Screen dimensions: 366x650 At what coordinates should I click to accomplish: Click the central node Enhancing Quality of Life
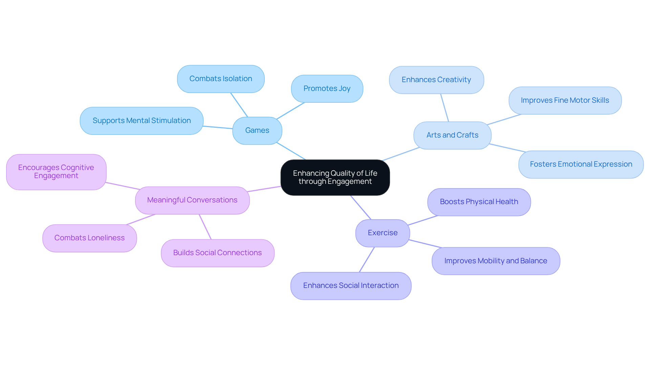pos(335,177)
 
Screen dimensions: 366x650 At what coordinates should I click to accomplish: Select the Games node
pos(257,130)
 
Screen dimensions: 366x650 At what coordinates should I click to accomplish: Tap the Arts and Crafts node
pos(452,135)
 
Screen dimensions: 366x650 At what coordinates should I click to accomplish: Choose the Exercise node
pos(383,233)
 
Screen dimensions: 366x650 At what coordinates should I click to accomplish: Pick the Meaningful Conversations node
pos(192,200)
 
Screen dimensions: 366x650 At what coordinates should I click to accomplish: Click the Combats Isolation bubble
pos(220,79)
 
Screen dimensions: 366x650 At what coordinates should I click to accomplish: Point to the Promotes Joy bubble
pos(327,89)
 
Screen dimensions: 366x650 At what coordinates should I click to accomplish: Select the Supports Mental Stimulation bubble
pos(142,121)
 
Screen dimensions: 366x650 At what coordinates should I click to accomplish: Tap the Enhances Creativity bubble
pos(436,80)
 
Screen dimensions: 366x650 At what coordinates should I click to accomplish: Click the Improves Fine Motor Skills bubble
pos(565,100)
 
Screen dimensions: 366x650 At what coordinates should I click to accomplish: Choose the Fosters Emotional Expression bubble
pos(581,164)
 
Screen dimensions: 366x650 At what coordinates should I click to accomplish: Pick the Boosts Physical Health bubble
pos(479,202)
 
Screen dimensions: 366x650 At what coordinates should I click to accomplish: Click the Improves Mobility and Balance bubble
pos(495,261)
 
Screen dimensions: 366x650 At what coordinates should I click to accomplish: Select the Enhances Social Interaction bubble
pos(351,286)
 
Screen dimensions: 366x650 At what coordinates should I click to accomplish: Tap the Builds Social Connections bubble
pos(217,253)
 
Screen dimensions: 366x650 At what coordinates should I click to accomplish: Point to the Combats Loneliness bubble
pos(89,238)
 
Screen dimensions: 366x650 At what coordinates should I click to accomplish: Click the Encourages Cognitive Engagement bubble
pos(56,172)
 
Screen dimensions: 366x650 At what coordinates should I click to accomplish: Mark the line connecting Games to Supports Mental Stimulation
pos(218,127)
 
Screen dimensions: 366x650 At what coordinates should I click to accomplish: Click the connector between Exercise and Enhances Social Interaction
pos(367,260)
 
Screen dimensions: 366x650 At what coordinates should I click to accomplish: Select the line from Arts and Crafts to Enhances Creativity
pos(445,107)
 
